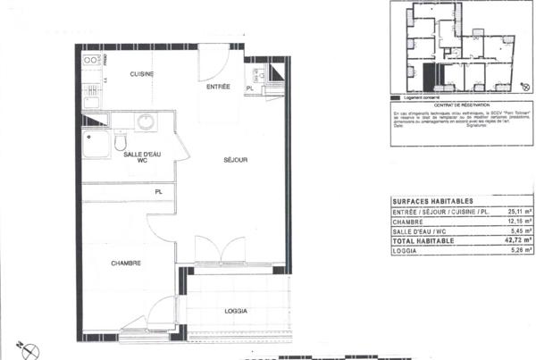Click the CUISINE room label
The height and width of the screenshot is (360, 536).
click(142, 73)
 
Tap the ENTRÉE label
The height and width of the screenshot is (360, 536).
click(218, 87)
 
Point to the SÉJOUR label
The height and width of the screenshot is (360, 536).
click(235, 161)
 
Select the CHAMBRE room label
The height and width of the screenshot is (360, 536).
click(126, 263)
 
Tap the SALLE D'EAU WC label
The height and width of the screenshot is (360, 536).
click(142, 158)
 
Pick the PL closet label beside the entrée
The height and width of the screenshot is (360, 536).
click(250, 88)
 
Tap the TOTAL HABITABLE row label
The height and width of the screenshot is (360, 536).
click(423, 241)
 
